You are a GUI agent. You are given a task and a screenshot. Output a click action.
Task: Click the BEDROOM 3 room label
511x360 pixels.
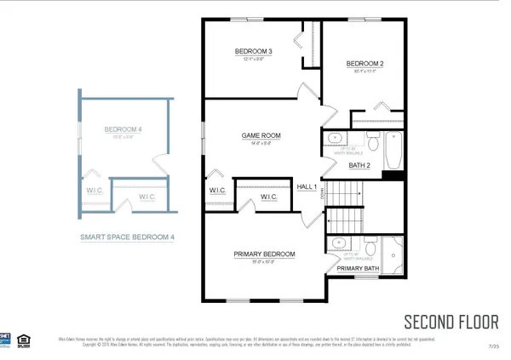click(253, 52)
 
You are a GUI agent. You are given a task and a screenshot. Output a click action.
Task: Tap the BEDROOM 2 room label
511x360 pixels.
click(365, 64)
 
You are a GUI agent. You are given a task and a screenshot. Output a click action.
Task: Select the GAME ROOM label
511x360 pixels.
click(261, 135)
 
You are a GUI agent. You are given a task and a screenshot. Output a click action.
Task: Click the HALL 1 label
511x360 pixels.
click(307, 186)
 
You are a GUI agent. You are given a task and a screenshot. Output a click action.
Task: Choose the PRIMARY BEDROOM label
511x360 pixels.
click(265, 254)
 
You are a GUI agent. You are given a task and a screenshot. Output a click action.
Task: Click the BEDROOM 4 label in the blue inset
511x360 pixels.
click(123, 129)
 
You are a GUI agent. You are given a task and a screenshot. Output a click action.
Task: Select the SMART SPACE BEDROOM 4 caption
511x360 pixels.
click(127, 237)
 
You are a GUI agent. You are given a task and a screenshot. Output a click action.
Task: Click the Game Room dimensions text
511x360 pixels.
click(261, 144)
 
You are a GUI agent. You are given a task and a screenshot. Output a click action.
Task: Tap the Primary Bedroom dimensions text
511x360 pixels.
click(265, 262)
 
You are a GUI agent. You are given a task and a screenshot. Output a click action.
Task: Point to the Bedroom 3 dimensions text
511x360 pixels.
click(253, 60)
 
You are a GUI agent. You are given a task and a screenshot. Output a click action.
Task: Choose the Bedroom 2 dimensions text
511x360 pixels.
click(365, 71)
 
